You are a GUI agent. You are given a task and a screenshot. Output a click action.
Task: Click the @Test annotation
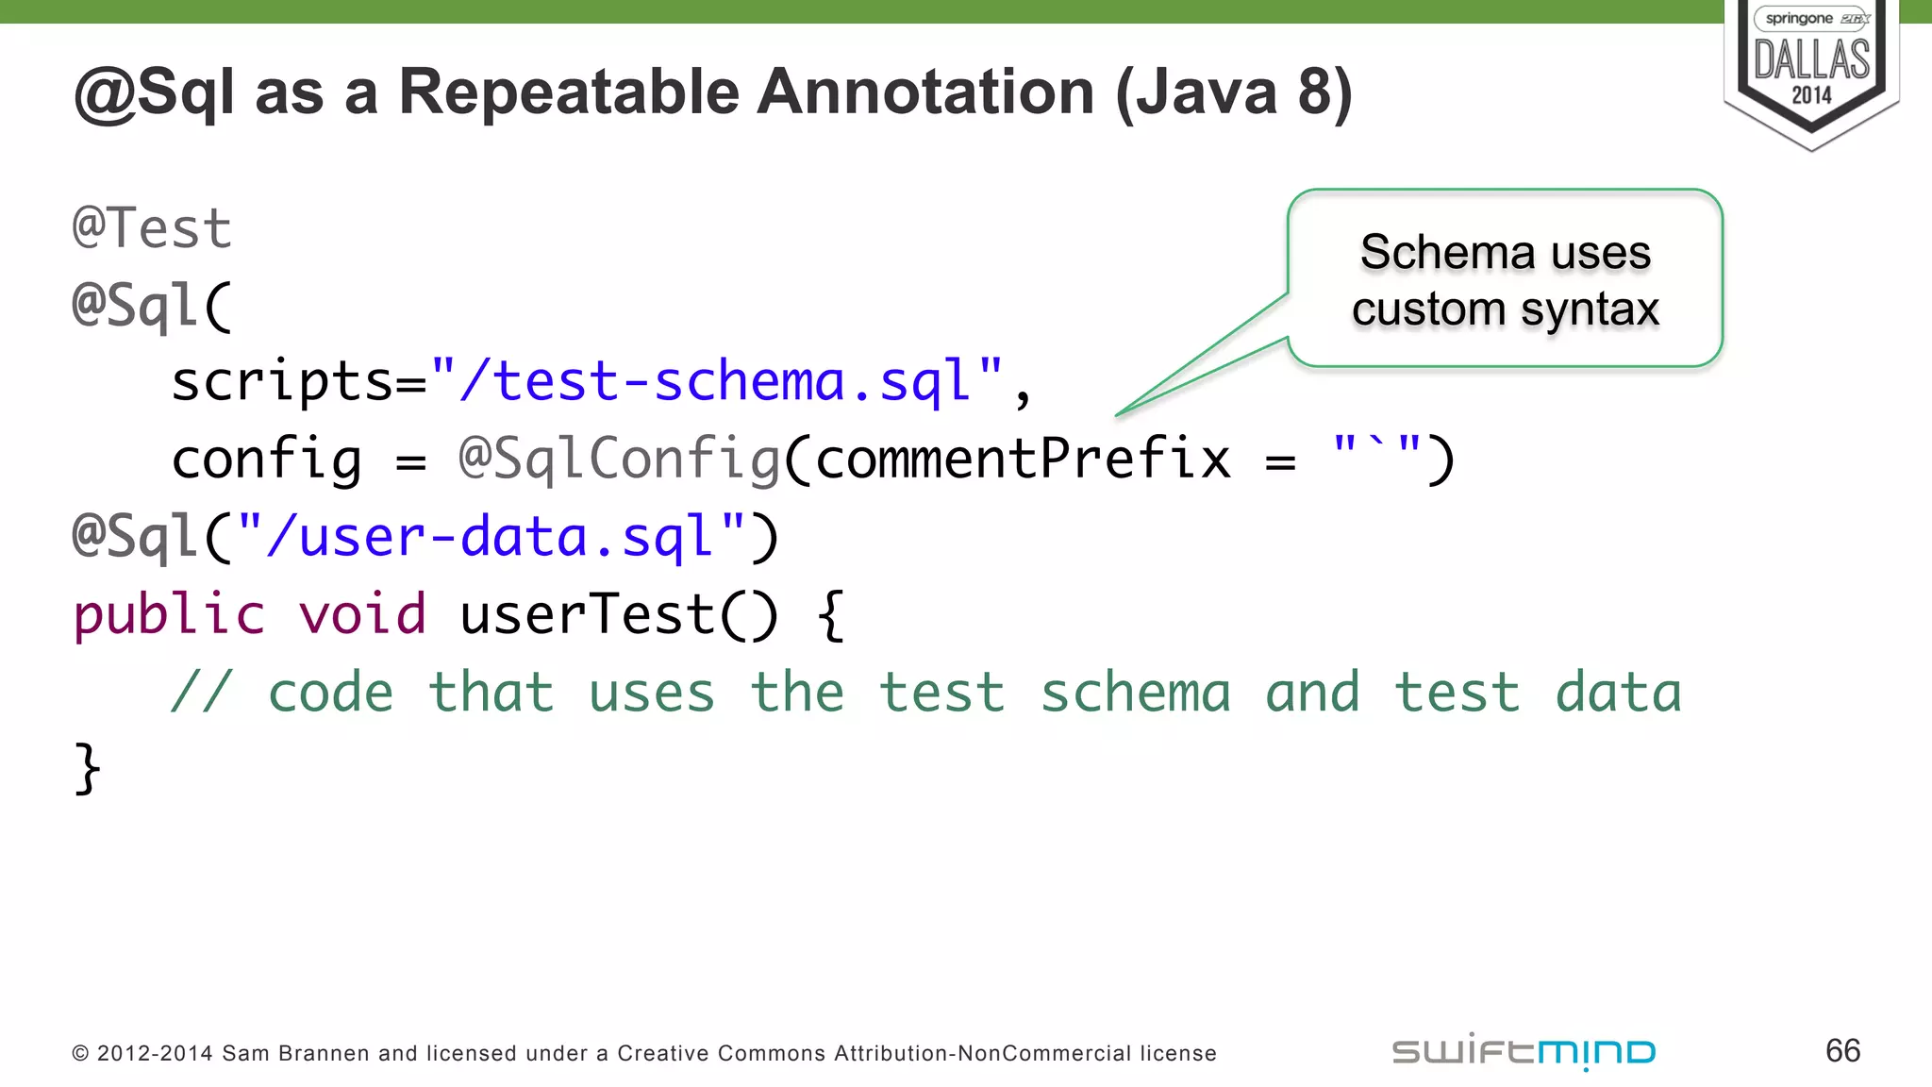(x=152, y=228)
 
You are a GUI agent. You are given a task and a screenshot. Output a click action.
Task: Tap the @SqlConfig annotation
(x=619, y=460)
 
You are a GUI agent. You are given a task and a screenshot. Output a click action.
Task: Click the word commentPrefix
(x=1023, y=460)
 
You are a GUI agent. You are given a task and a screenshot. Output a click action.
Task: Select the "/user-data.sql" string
(x=491, y=537)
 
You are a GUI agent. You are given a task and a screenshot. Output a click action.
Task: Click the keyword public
(x=170, y=615)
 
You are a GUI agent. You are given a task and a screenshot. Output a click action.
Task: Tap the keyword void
(x=362, y=615)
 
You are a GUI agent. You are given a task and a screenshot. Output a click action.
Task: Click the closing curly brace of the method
(x=87, y=768)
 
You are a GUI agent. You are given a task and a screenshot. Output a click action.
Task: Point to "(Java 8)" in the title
(x=1234, y=92)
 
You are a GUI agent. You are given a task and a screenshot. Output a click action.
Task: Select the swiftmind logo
(x=1524, y=1052)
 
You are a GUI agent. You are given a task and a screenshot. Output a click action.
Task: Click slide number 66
(x=1842, y=1051)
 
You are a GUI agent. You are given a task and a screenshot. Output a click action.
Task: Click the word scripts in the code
(x=281, y=381)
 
